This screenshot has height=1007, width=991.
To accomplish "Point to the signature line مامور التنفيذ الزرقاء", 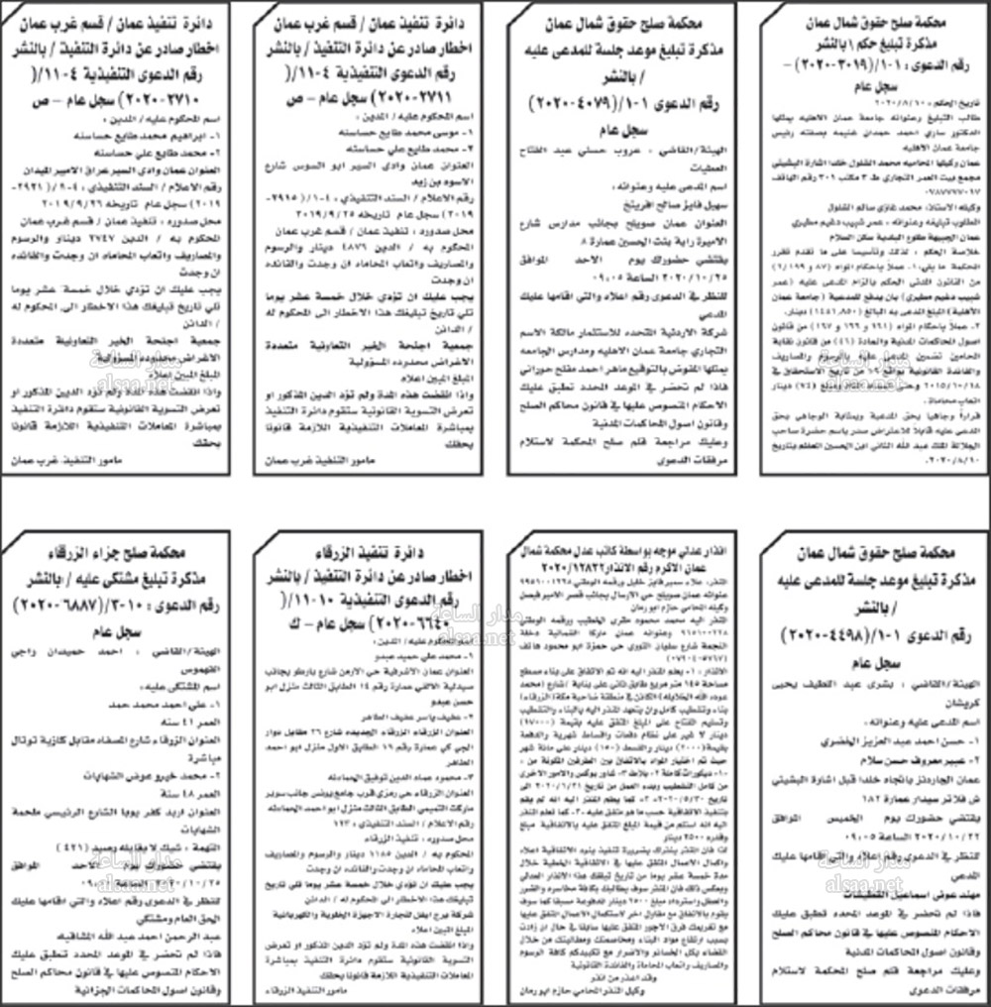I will pyautogui.click(x=307, y=988).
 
